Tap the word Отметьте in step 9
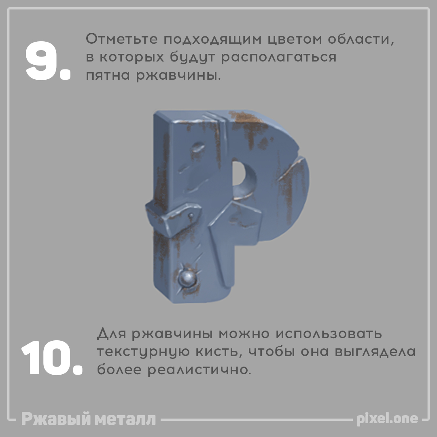(x=122, y=39)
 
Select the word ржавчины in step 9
(x=176, y=75)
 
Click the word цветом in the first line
(x=295, y=39)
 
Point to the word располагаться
(x=279, y=57)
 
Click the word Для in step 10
(x=112, y=333)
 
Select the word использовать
(x=329, y=333)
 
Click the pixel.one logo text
(x=388, y=419)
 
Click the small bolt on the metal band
(x=191, y=215)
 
